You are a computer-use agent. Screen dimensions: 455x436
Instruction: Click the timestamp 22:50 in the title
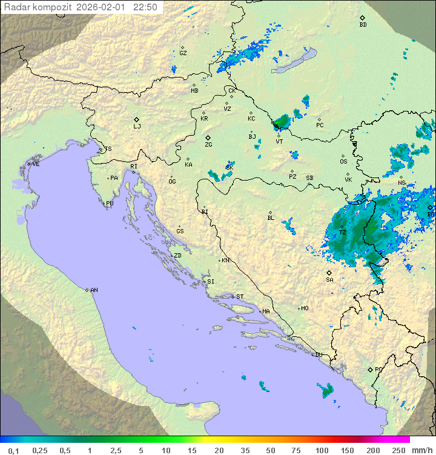[x=145, y=7]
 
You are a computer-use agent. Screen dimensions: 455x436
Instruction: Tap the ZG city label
[x=208, y=145]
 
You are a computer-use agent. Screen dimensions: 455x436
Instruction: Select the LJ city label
[x=137, y=127]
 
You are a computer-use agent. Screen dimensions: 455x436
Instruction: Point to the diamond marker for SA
[x=329, y=273]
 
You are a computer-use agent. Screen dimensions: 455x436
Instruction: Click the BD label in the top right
[x=363, y=25]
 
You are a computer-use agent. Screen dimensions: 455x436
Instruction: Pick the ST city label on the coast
[x=240, y=297]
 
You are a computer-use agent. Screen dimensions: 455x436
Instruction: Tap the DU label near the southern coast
[x=319, y=355]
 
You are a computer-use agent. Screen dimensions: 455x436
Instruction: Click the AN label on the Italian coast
[x=94, y=290]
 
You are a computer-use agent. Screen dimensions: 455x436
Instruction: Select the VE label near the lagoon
[x=36, y=164]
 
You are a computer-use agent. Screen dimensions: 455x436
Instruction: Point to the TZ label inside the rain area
[x=342, y=233]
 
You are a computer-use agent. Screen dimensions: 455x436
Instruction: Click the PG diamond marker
[x=370, y=369]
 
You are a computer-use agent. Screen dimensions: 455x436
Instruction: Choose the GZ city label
[x=183, y=53]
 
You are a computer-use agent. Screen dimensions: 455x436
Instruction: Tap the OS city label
[x=343, y=162]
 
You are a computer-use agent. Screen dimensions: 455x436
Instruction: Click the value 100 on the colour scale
[x=322, y=450]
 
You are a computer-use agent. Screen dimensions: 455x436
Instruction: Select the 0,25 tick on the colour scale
[x=40, y=450]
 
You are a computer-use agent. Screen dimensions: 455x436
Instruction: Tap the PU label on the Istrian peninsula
[x=110, y=204]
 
